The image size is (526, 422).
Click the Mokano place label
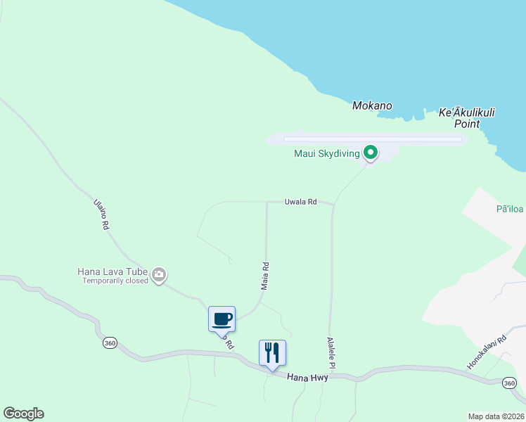coord(372,106)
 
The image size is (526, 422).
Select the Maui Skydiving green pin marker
coord(371,153)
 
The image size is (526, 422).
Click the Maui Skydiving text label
coord(327,153)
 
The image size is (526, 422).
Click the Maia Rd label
coord(265,276)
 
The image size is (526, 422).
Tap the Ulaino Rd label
coord(101,215)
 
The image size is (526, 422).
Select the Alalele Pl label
coord(331,353)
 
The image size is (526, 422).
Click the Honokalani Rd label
coord(487,352)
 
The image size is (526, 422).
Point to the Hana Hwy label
coord(307,378)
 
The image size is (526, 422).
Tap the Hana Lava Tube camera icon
coord(159,274)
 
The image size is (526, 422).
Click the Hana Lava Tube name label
coord(113,271)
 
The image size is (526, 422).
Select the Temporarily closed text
coord(115,281)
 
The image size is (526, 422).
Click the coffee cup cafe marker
coord(222,319)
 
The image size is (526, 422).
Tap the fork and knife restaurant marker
coord(272,352)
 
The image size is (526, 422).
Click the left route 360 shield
coord(109,343)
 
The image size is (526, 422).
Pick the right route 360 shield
coord(511,383)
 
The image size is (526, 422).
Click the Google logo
coord(23,414)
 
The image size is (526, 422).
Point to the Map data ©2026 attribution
coord(496,416)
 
